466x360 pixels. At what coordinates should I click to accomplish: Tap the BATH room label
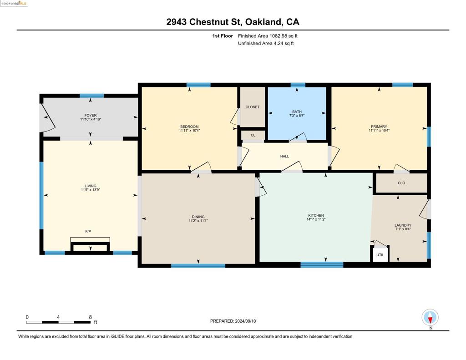coord(297,112)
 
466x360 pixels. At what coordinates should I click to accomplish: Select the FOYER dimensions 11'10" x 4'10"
coord(91,119)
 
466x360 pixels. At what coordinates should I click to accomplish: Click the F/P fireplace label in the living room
coord(88,231)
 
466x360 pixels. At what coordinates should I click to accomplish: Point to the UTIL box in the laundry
coord(380,255)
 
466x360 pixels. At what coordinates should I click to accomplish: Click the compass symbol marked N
coord(430,318)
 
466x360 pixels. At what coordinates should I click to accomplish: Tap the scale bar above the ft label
coord(58,322)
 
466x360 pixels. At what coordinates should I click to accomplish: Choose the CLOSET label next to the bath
coord(252,107)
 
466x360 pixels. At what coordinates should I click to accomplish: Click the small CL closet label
coord(253,135)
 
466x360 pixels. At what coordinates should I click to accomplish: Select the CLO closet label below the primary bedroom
coord(401,183)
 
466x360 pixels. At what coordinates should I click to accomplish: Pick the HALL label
coord(284,157)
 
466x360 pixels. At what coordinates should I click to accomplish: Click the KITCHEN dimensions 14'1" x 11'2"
coord(316,219)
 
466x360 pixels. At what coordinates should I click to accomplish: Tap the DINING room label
coord(198,217)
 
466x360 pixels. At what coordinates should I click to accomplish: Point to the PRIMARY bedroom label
coord(379,127)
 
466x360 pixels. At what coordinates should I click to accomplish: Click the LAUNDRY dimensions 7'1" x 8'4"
coord(403,229)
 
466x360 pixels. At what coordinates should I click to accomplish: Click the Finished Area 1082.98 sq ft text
coord(268,36)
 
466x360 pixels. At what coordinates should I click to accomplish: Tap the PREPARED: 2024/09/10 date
coord(233,321)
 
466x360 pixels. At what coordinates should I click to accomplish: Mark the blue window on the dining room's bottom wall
coord(198,266)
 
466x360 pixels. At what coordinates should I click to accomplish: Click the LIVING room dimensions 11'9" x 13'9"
coord(91,190)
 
